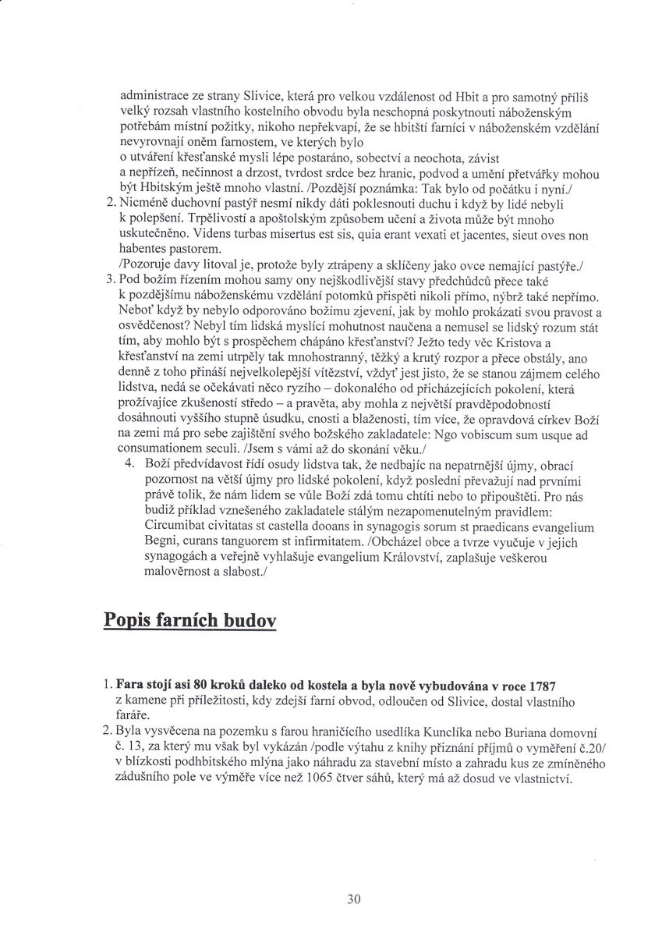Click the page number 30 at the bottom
pyautogui.click(x=354, y=899)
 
